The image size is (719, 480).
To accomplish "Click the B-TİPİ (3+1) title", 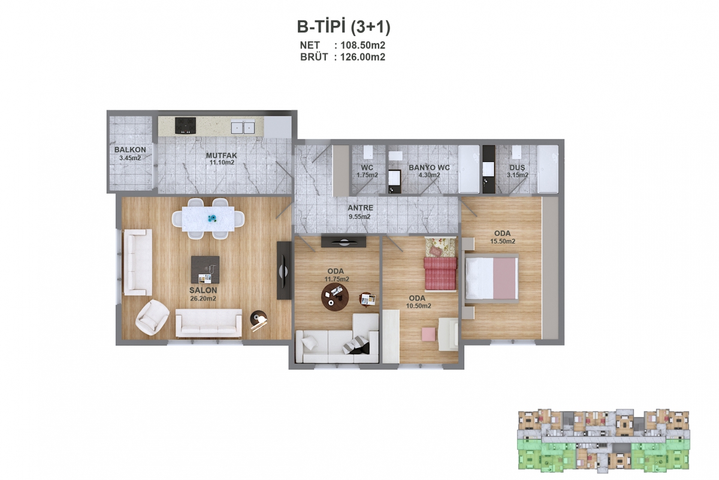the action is [343, 27].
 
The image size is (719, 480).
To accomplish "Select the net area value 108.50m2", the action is [362, 46].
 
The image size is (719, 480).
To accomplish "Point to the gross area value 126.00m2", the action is [362, 57].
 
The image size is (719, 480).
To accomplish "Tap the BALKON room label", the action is [130, 149].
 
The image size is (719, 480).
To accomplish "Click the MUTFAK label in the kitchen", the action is [222, 155].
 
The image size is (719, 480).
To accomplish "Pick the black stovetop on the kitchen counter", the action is [185, 125].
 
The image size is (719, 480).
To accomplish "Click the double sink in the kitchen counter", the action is [243, 127].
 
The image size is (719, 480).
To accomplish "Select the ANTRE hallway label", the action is [361, 208].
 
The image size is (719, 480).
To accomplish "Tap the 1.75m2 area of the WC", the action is [367, 175].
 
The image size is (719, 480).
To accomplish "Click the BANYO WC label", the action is [429, 167].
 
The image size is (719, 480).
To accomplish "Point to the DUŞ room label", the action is [517, 167].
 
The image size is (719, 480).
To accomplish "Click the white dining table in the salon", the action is [208, 218].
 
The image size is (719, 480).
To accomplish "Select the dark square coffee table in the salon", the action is [206, 270].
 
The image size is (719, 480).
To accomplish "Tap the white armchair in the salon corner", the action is [152, 317].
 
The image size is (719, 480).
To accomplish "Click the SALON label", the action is [203, 290].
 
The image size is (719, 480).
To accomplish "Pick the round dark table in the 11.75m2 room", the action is [335, 297].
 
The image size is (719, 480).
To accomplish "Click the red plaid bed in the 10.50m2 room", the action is [440, 273].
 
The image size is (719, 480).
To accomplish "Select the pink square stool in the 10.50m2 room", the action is [429, 334].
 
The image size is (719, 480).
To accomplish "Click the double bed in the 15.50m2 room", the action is [492, 278].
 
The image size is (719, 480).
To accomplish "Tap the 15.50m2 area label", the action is [503, 241].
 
